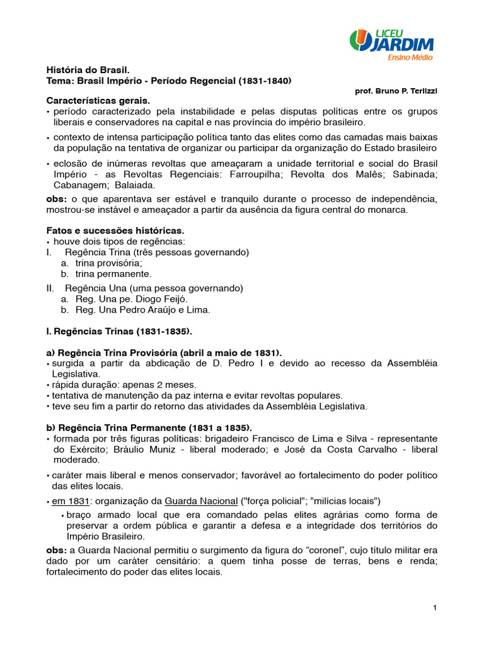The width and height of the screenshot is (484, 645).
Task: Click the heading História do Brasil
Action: (x=88, y=70)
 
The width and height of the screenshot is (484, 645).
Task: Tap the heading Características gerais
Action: (x=98, y=101)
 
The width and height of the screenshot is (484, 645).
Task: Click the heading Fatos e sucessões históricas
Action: (x=116, y=231)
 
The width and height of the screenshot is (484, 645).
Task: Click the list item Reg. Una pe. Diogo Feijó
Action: (x=131, y=299)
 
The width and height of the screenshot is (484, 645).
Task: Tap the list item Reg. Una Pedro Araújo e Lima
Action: (x=142, y=310)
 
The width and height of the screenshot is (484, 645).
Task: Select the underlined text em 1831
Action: (x=71, y=501)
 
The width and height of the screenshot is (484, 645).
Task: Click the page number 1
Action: (x=435, y=607)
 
